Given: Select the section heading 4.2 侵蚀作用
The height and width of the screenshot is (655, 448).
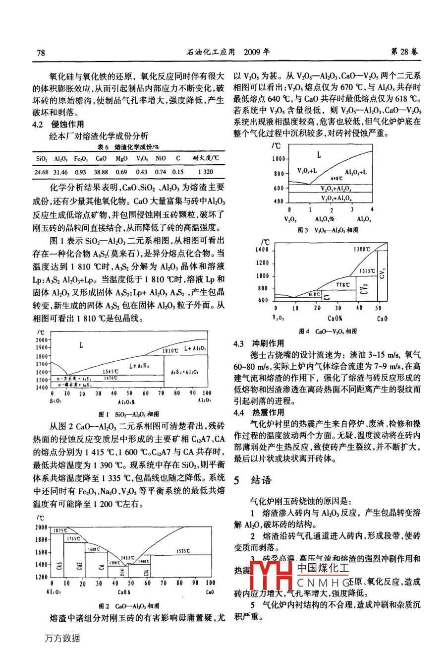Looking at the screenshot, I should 58,124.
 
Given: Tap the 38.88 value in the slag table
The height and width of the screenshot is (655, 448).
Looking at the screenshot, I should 101,172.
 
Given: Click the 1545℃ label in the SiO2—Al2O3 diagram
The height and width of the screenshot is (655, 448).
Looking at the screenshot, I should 110,371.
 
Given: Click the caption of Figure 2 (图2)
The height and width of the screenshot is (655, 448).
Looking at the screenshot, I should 129,606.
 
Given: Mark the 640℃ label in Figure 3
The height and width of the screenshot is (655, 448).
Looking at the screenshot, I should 337,178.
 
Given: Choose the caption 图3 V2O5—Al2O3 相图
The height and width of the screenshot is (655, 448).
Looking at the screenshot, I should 328,230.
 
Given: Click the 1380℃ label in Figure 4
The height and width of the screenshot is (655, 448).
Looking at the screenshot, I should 362,249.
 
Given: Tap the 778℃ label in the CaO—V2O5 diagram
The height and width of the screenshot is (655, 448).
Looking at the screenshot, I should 342,285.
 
